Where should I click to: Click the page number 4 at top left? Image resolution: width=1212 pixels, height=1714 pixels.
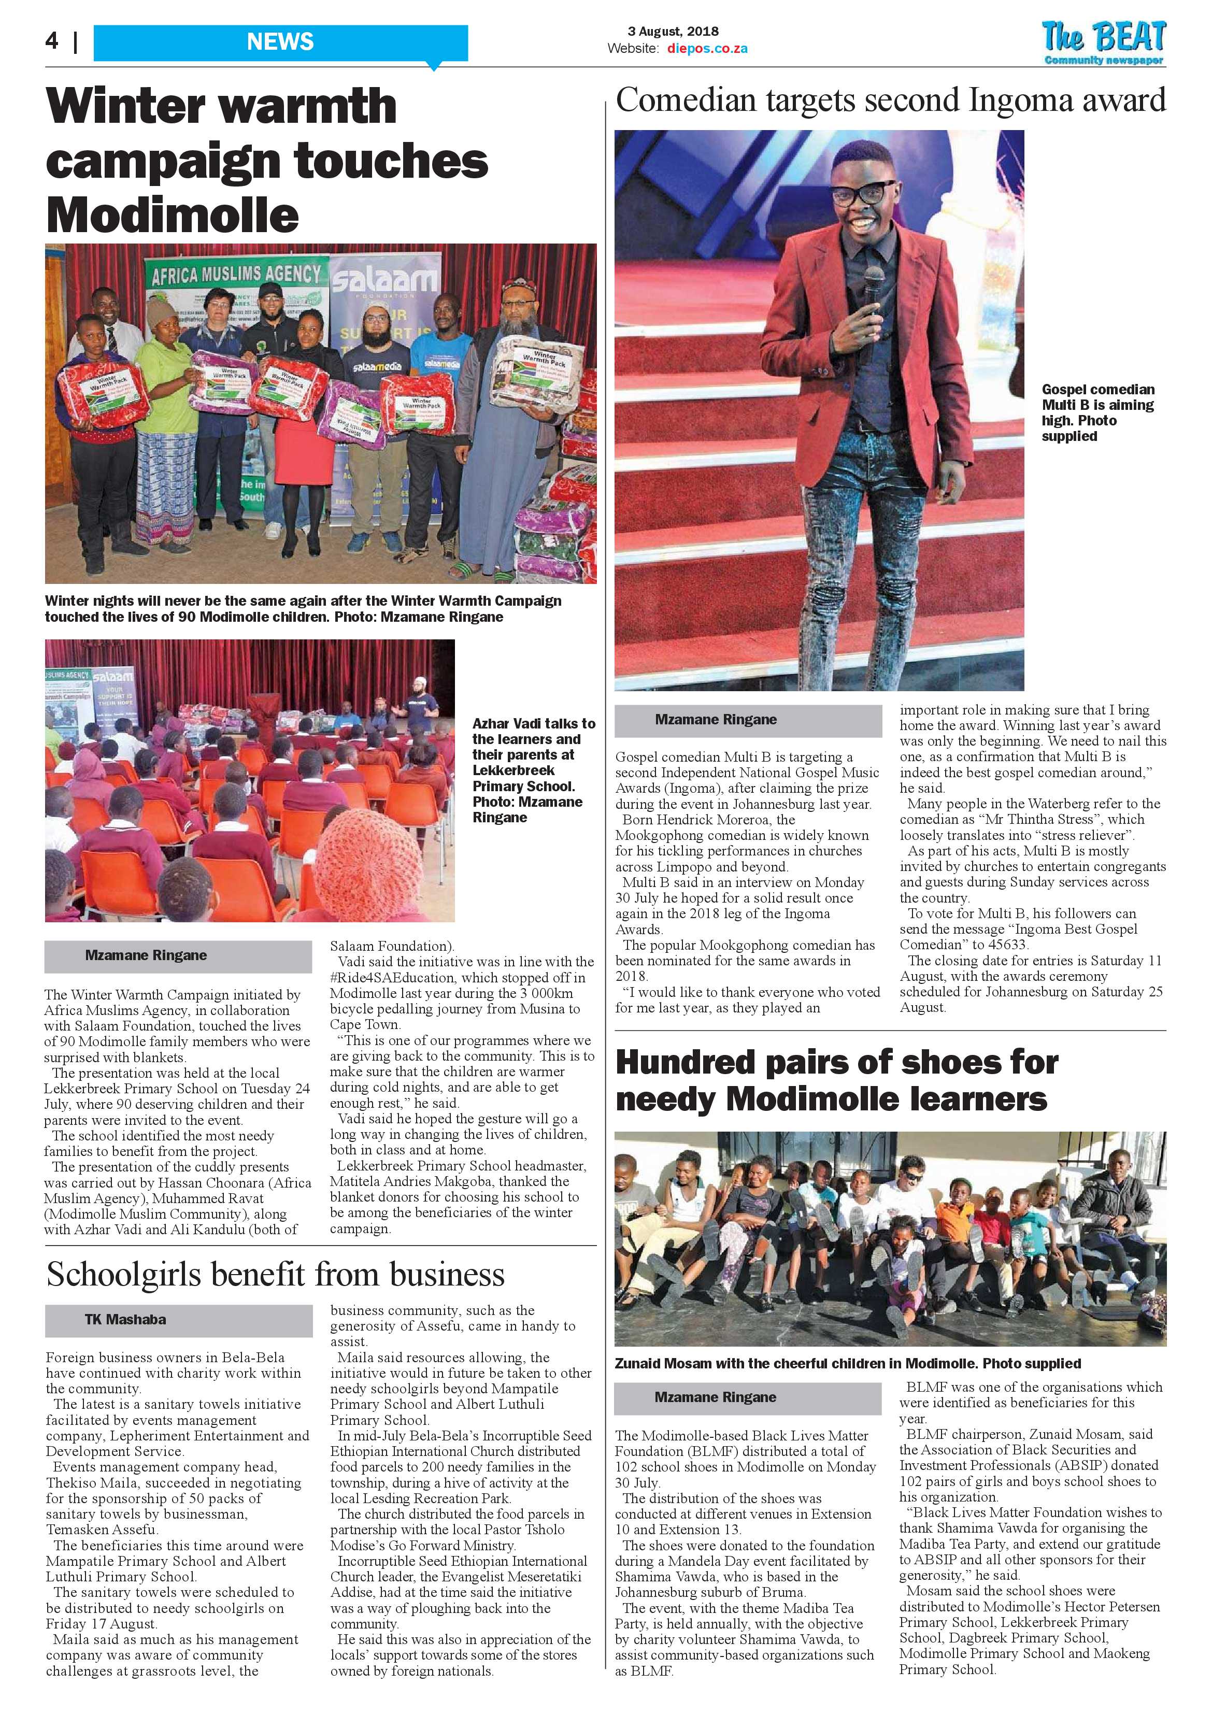(51, 40)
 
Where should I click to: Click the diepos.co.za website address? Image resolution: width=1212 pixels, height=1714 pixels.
(706, 49)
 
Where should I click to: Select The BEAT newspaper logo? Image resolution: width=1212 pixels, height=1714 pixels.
(1104, 42)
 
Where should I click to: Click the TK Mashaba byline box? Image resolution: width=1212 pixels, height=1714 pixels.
(178, 1320)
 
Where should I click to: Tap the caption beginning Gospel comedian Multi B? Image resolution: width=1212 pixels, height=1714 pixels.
(1096, 413)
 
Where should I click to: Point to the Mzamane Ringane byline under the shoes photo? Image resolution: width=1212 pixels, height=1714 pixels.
(747, 1397)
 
